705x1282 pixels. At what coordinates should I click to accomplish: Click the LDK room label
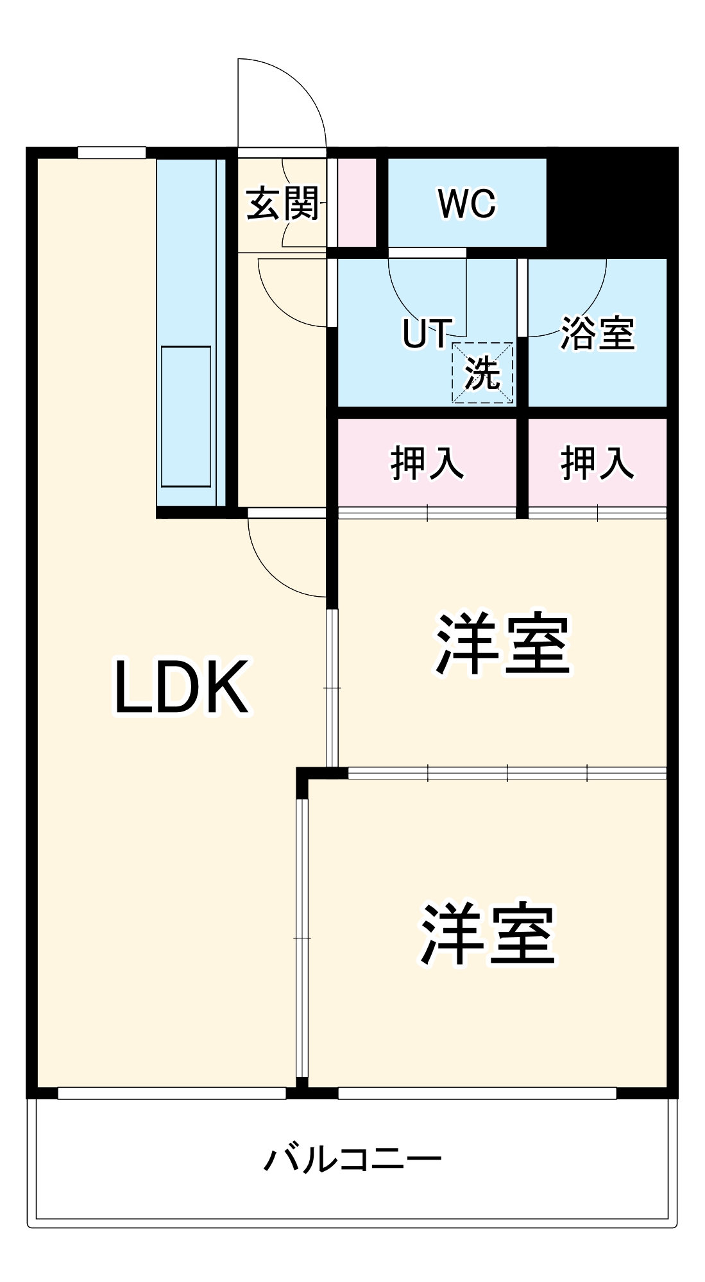tap(182, 687)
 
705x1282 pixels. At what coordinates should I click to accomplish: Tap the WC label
tap(467, 204)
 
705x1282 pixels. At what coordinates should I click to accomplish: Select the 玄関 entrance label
tap(282, 204)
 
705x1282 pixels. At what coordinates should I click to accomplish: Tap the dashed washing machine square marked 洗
tap(482, 372)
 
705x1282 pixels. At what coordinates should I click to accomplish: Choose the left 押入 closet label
tap(427, 463)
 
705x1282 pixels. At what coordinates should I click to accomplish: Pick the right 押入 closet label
tap(597, 463)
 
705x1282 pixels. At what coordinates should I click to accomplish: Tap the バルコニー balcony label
tap(352, 1160)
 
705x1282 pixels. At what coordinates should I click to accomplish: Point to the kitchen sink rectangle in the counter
tap(186, 417)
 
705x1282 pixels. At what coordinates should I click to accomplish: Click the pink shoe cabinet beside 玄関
tap(357, 202)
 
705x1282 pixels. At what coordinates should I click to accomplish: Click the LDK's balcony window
tap(172, 1094)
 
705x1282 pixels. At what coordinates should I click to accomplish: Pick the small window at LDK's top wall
tap(112, 153)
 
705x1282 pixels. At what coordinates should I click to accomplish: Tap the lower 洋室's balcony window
tap(477, 1094)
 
